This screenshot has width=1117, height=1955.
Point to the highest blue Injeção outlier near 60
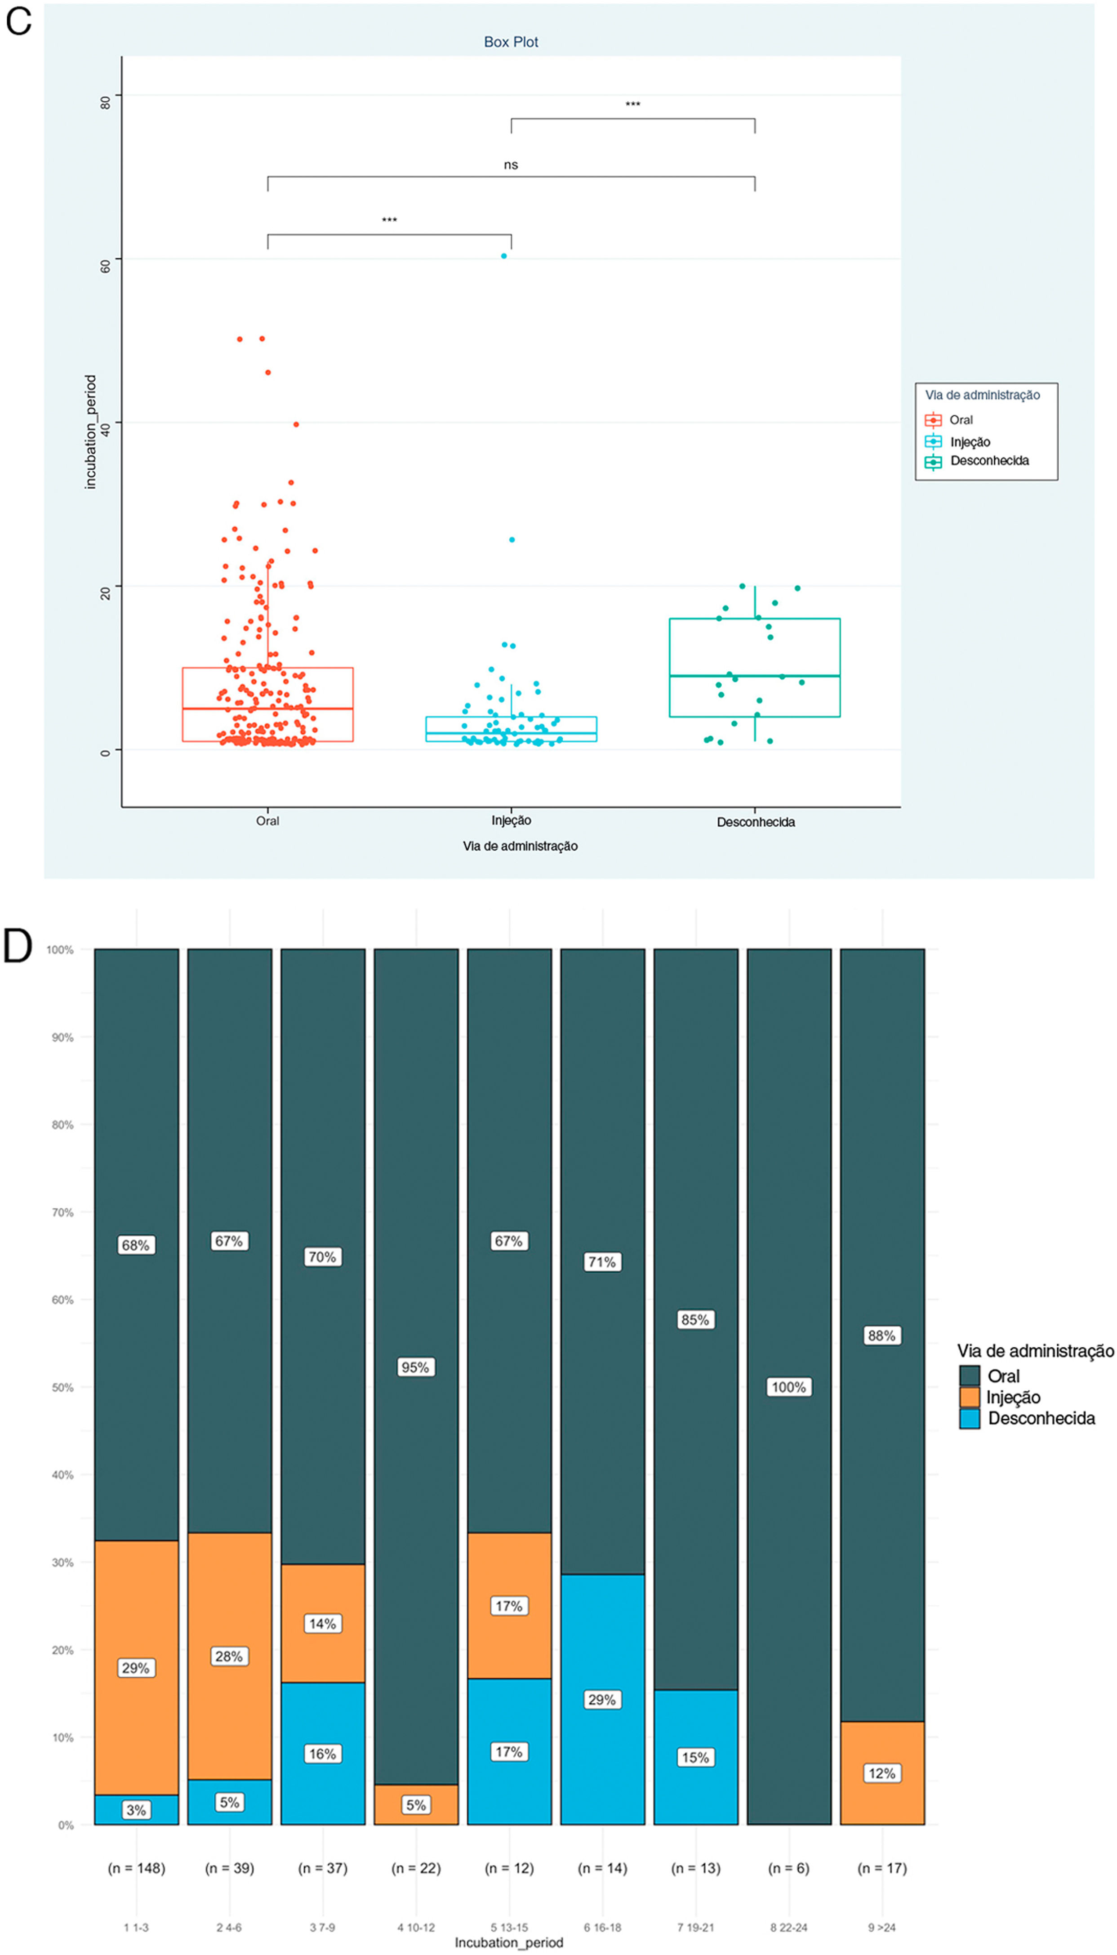504,256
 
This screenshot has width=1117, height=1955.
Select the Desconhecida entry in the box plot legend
989,461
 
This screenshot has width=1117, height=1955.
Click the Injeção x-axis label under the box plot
511,821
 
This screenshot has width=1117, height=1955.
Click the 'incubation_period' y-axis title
90,432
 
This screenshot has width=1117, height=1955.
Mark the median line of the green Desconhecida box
754,676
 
